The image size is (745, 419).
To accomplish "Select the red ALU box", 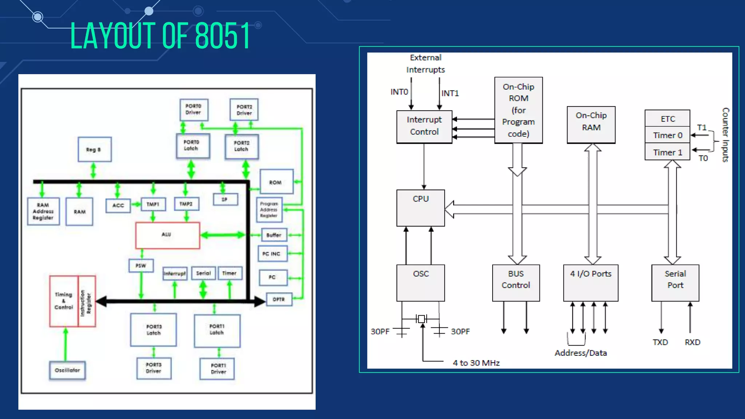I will pyautogui.click(x=167, y=235).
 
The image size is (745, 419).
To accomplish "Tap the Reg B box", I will pyautogui.click(x=95, y=149).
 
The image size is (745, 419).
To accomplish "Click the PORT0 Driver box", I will pyautogui.click(x=194, y=109).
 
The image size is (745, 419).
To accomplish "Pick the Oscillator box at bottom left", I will pyautogui.click(x=67, y=370).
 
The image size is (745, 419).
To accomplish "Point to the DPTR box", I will pyautogui.click(x=279, y=299).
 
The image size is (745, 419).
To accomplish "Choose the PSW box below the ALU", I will pyautogui.click(x=141, y=266).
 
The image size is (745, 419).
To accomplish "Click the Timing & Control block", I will pyautogui.click(x=64, y=301).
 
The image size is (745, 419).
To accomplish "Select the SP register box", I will pyautogui.click(x=225, y=199).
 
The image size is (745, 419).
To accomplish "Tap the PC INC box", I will pyautogui.click(x=272, y=254).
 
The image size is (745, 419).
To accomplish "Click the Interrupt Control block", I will pyautogui.click(x=424, y=126).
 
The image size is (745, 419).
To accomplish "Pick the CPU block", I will pyautogui.click(x=421, y=208).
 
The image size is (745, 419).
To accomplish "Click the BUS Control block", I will pyautogui.click(x=516, y=283).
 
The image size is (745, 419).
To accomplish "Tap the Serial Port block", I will pyautogui.click(x=675, y=283).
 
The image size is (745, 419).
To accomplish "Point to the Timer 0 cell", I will pyautogui.click(x=667, y=135).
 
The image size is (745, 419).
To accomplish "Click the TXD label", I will pyautogui.click(x=660, y=342).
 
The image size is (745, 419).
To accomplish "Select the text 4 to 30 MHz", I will pyautogui.click(x=476, y=363).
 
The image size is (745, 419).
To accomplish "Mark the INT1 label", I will pyautogui.click(x=450, y=93).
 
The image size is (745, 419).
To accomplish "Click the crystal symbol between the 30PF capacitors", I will pyautogui.click(x=422, y=319).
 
